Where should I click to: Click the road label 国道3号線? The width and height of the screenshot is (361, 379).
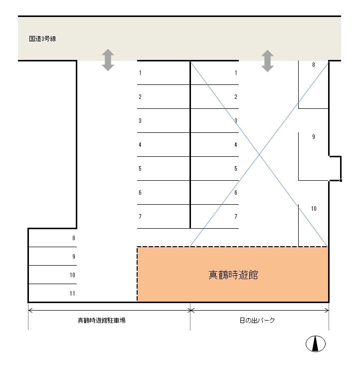point(42,38)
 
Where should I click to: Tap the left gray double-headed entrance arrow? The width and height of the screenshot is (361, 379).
point(108,60)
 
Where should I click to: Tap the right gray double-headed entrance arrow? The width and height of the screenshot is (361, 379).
point(267,61)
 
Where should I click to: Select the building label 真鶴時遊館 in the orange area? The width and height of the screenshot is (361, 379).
point(233,275)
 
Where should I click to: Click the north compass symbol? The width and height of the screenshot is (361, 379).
point(316,344)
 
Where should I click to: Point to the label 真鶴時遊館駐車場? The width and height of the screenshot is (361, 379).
point(101,321)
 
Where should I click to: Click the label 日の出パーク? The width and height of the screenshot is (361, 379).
point(257,321)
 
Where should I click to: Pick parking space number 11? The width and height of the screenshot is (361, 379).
point(72,294)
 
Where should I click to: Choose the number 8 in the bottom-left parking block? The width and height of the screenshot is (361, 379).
point(74,238)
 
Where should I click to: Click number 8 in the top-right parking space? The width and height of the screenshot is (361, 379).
point(314,65)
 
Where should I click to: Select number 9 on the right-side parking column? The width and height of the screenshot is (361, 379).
point(314,137)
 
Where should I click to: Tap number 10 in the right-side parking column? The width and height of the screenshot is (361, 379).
point(314,209)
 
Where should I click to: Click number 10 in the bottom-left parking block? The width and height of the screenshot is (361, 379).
point(72,275)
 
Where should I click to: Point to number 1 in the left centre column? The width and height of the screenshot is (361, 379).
point(140,73)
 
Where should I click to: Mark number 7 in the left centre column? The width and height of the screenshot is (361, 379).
point(140,217)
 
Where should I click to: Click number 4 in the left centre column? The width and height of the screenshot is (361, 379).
point(140,145)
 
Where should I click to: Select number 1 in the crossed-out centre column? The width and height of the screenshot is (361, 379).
point(236,73)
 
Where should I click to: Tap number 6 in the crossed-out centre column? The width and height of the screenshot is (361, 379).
point(236,193)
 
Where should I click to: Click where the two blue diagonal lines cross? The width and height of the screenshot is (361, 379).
point(259,154)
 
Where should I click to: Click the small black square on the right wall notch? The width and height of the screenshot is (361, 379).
point(341,180)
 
